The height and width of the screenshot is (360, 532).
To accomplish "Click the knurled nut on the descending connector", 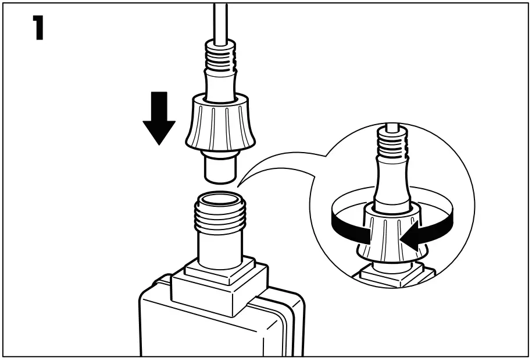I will coord(220,125).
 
